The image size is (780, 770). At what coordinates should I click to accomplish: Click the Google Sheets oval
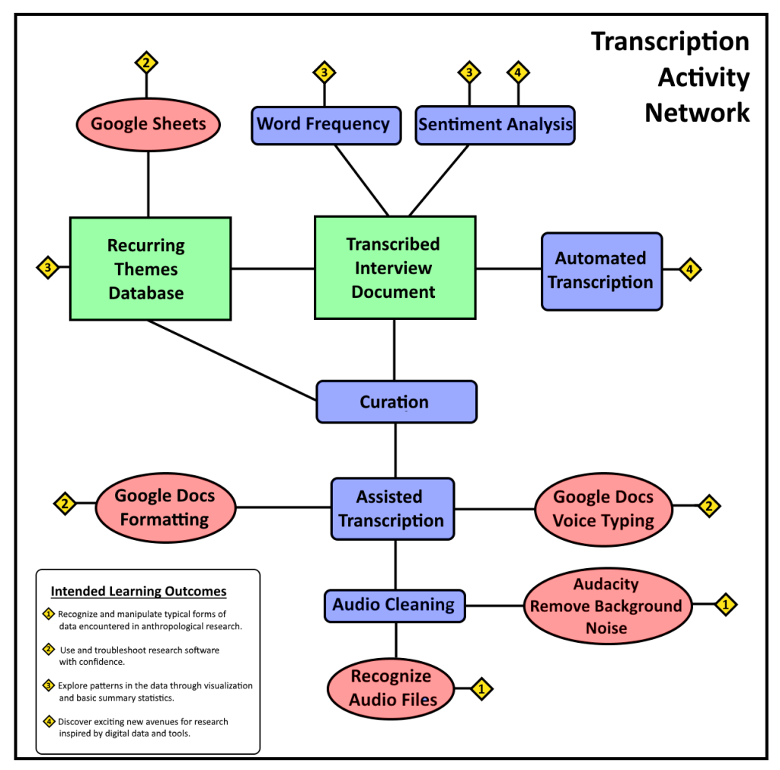(148, 124)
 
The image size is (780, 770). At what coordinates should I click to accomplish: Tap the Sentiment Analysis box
(495, 125)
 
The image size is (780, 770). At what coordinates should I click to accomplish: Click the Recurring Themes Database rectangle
(150, 268)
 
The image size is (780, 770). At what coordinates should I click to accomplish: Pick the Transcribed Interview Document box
(395, 267)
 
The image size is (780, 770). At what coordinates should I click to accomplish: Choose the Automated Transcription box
(601, 271)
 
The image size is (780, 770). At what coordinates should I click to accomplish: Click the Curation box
(396, 402)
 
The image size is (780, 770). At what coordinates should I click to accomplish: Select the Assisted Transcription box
(392, 509)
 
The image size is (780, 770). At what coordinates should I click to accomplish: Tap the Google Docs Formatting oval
(165, 507)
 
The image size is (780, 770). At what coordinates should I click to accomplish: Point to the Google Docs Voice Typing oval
(603, 509)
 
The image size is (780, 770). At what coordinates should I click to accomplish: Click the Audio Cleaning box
(394, 605)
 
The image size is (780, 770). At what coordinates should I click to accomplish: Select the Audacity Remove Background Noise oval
(606, 606)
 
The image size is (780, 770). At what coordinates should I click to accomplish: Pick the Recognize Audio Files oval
(391, 688)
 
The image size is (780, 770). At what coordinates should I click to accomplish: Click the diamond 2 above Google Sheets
(146, 62)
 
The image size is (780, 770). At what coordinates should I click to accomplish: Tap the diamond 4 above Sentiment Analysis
(518, 73)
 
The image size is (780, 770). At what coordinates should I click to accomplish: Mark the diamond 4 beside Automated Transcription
(689, 269)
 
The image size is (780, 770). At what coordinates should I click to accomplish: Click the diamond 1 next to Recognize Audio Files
(481, 689)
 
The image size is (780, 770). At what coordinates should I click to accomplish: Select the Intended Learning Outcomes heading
(139, 591)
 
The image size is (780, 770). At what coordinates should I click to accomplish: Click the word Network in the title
(697, 113)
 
